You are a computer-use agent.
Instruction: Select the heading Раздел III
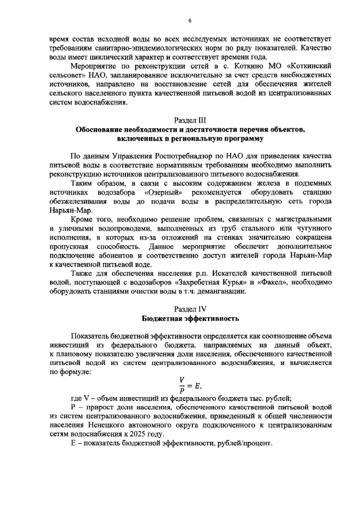click(x=190, y=120)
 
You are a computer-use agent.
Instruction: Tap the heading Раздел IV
click(x=190, y=308)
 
